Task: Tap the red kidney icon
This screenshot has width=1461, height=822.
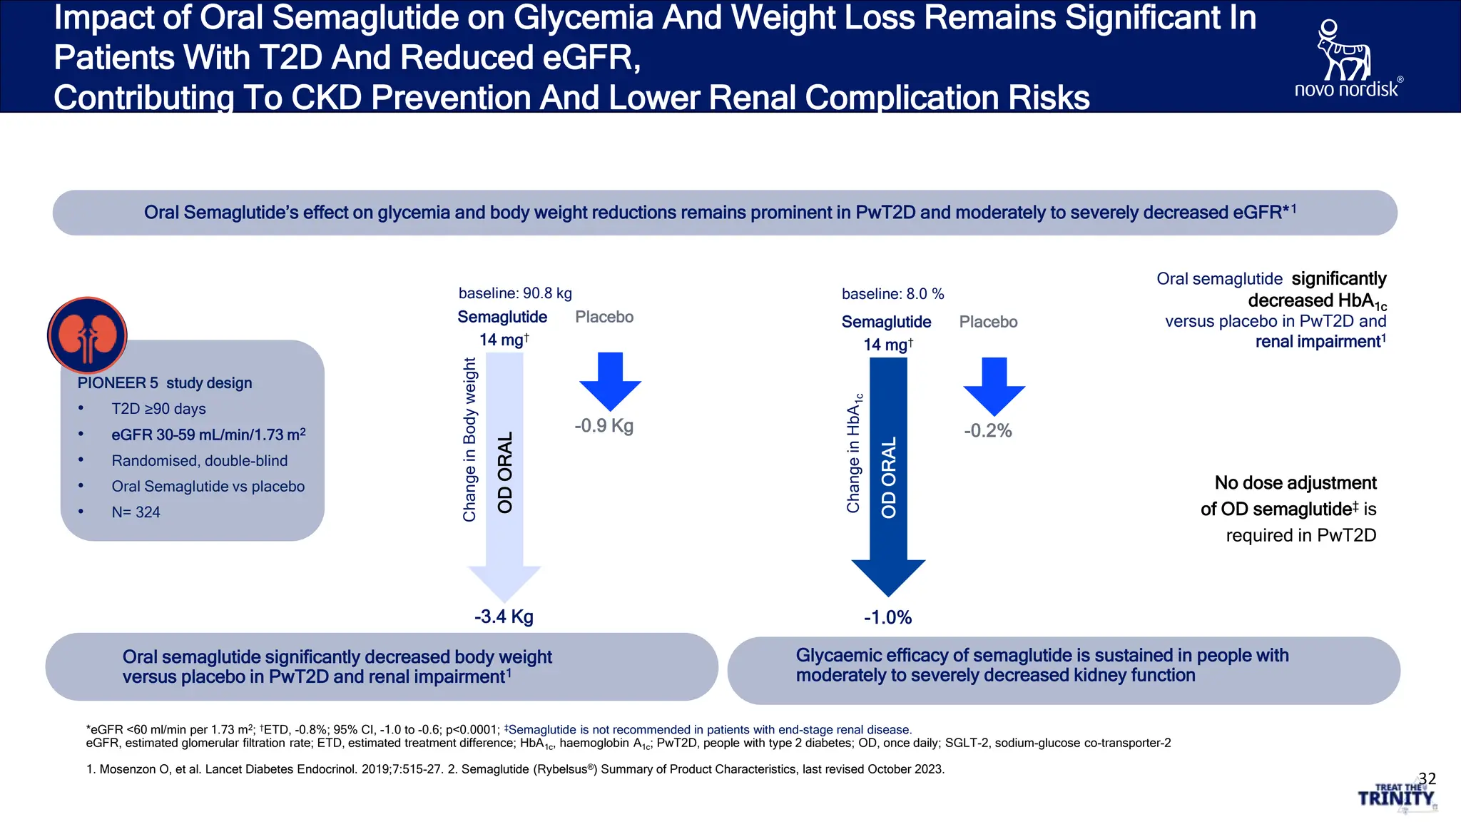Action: coord(87,335)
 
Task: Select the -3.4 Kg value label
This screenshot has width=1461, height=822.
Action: coord(504,616)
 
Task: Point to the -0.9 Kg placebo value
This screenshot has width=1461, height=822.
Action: coord(604,426)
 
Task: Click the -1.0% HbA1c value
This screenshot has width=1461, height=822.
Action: coord(887,618)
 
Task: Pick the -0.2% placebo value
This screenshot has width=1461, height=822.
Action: coord(988,431)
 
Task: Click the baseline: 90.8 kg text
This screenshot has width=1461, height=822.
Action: coord(515,293)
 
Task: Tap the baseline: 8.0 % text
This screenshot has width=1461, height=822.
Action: coord(892,294)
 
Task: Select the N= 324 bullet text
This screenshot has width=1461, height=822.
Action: coord(136,512)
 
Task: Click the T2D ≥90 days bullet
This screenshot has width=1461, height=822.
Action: coord(158,409)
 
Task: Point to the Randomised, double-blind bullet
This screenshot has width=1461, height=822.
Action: coord(200,461)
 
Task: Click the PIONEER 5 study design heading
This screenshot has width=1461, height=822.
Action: coord(165,383)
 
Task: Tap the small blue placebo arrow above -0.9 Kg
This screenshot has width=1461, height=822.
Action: coord(610,381)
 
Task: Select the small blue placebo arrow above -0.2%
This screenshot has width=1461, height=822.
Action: coord(994,387)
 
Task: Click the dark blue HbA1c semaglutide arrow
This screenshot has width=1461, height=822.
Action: coord(888,477)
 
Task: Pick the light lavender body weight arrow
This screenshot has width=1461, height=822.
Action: coord(504,477)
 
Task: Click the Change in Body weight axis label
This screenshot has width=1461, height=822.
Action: coord(469,440)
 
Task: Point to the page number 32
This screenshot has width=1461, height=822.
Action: coord(1427,778)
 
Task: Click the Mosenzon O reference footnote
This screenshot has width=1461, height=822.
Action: coord(515,769)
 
